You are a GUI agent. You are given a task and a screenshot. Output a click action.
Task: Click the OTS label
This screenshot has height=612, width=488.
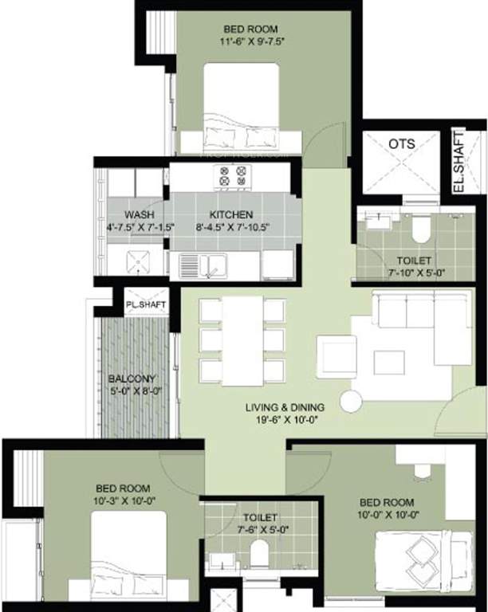tap(400, 143)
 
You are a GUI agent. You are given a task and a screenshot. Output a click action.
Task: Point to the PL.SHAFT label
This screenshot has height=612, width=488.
tap(144, 304)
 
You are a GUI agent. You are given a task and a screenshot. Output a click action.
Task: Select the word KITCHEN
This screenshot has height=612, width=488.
tap(231, 215)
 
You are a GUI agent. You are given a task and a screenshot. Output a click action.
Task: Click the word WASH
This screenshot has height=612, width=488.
tap(140, 215)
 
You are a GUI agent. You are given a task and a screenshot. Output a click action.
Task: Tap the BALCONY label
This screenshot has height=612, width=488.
tap(132, 379)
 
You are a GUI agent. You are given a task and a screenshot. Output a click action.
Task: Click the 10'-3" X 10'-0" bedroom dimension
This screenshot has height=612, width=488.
tap(124, 500)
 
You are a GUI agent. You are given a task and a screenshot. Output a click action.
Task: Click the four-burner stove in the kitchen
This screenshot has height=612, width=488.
tap(231, 176)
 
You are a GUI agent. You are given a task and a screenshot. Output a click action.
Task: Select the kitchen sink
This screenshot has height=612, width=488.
tap(203, 266)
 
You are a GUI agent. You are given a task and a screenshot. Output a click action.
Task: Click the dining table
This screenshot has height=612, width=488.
tap(242, 340)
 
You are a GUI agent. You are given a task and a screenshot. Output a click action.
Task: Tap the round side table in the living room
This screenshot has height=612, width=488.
tap(351, 401)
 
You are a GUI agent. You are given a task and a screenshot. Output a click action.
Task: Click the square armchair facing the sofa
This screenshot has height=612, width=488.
tap(336, 353)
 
